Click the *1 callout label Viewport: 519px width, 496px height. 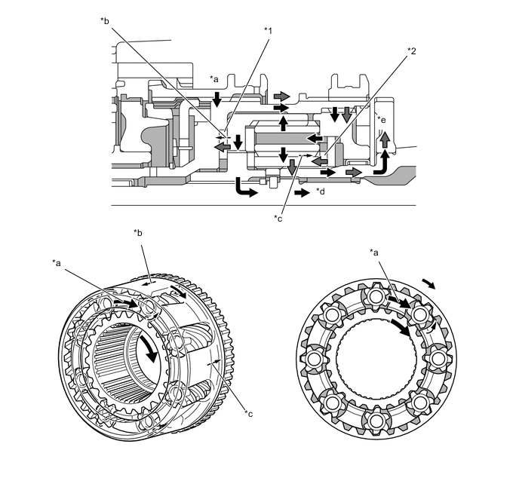coord(267,31)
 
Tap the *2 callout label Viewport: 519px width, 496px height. coord(411,51)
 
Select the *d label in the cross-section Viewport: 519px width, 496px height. coord(322,192)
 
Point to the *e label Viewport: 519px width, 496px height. coord(382,119)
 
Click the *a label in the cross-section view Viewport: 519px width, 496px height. coord(214,79)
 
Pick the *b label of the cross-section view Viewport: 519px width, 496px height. coord(104,20)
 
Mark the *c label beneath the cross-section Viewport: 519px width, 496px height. coord(278,219)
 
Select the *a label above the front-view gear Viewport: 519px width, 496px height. coord(374,253)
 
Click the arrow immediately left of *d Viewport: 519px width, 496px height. coord(301,193)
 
